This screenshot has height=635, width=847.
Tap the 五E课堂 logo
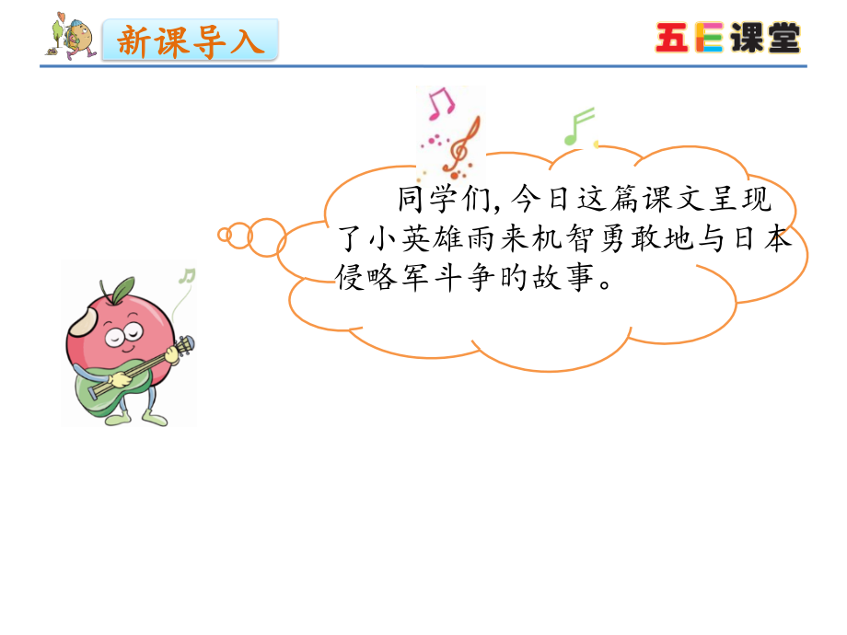pos(727,38)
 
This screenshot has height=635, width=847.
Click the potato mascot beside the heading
pos(72,38)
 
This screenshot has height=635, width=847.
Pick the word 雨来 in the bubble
pos(517,239)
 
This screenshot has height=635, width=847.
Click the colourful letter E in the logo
pos(708,38)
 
